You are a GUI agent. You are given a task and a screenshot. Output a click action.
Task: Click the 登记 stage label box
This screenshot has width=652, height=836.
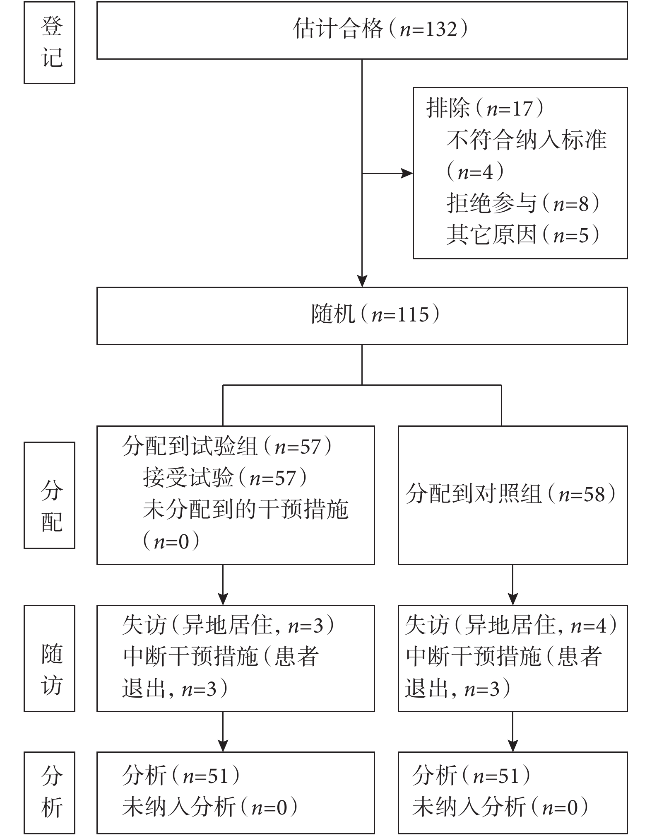49,43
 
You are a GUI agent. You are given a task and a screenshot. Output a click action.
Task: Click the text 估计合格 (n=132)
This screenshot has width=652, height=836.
380,29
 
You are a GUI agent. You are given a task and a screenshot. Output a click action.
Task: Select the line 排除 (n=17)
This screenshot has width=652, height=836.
484,109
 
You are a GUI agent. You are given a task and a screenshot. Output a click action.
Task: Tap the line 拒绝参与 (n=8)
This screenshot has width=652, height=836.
523,203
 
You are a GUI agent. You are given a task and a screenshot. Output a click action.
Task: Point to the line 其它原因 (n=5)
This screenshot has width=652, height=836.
523,235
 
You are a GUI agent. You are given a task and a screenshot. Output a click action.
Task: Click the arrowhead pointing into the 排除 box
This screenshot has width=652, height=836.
407,174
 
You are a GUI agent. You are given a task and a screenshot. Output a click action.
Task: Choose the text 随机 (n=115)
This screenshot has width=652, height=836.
375,314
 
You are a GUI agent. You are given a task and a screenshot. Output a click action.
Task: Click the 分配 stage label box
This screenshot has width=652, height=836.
49,495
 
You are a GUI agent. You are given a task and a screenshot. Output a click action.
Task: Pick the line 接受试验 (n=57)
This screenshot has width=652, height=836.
225,478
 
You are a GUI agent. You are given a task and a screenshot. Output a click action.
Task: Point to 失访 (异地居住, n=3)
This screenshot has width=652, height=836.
228,625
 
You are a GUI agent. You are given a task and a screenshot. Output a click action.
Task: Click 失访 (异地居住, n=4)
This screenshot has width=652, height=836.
511,625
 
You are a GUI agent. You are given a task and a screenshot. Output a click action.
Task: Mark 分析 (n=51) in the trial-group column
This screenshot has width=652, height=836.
181,775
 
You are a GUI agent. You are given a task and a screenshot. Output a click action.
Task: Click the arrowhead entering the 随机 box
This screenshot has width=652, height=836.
362,281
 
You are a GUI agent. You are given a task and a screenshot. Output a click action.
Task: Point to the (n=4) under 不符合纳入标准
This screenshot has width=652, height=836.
475,172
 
